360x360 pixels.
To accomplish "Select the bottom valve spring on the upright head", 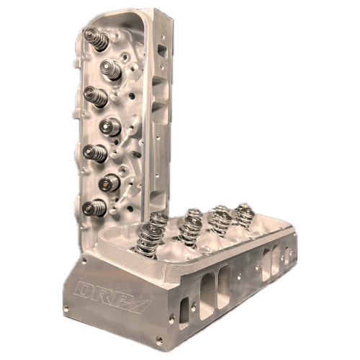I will click(x=91, y=208).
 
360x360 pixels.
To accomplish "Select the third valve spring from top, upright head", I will click(x=93, y=96).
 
